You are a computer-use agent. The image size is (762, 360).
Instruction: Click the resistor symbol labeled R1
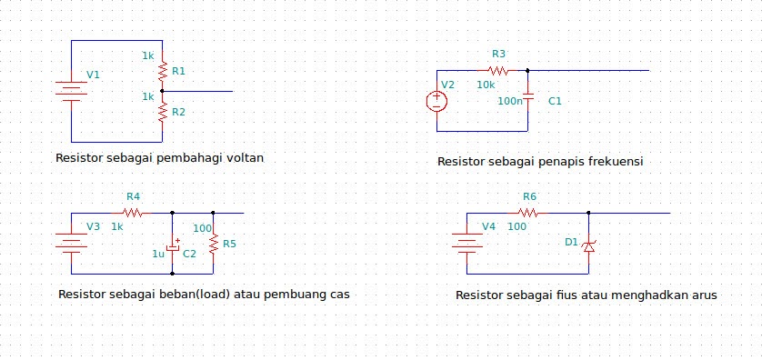tap(162, 71)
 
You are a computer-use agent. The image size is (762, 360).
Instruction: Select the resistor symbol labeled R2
tap(162, 112)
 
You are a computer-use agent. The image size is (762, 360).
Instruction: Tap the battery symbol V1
tap(71, 91)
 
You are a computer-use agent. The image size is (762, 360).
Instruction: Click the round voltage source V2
tap(436, 100)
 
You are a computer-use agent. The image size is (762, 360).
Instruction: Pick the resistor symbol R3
tap(497, 70)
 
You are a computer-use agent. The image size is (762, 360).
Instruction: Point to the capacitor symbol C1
tap(528, 100)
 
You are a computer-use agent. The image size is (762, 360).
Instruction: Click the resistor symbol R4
tap(133, 213)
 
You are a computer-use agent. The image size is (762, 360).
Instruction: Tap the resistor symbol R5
tap(213, 243)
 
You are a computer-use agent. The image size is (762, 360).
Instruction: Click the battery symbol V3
tap(71, 243)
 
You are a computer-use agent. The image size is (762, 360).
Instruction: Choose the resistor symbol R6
tap(529, 213)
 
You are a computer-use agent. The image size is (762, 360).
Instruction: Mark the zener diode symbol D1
tap(588, 245)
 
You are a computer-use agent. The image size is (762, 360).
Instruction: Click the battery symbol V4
tap(467, 243)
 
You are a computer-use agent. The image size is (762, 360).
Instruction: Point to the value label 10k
tap(486, 85)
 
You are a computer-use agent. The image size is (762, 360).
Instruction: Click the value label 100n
tap(510, 101)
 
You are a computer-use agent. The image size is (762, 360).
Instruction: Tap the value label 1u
tap(158, 254)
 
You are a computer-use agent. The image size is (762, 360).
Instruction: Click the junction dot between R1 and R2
tap(162, 91)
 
